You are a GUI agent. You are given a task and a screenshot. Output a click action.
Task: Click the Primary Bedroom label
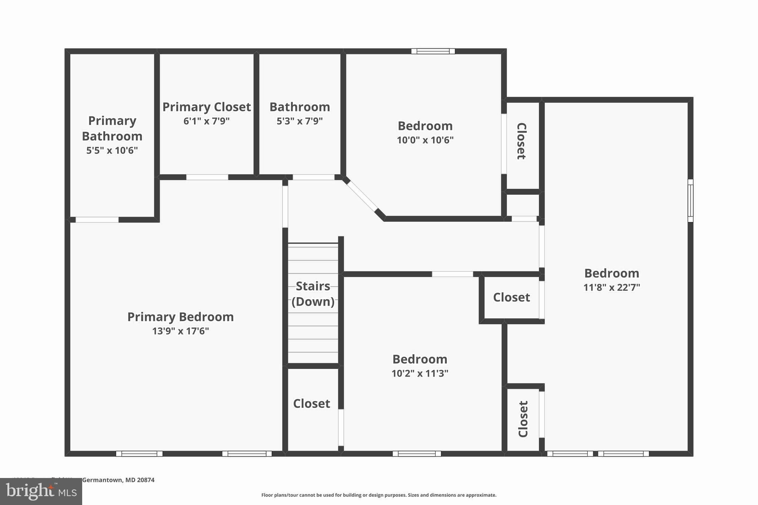[180, 317]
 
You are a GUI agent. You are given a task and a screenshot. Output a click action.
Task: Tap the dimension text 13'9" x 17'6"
[180, 331]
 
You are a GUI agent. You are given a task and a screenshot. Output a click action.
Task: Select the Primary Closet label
[207, 107]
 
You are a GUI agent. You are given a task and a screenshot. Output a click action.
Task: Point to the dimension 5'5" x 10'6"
[112, 151]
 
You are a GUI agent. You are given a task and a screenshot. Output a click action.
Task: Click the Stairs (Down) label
[313, 294]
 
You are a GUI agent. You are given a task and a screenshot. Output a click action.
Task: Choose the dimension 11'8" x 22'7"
[611, 287]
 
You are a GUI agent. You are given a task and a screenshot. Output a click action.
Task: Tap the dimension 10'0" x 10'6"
[425, 140]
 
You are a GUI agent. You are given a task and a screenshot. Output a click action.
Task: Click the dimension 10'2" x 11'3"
[420, 374]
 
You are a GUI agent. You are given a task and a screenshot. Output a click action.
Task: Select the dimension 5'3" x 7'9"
[299, 121]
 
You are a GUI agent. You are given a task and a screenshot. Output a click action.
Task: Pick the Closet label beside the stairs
[311, 404]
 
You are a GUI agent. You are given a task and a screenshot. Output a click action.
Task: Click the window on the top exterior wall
[433, 51]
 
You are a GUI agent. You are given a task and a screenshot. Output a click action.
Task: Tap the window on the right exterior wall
[690, 201]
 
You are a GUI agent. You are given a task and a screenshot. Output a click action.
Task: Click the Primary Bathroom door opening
[97, 220]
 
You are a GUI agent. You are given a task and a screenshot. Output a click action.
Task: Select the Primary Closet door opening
[207, 177]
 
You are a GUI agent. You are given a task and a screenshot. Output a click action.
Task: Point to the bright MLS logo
[41, 491]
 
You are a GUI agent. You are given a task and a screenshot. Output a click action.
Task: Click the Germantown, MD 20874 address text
[118, 480]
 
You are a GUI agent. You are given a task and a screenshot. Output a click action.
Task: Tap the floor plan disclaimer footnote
[379, 495]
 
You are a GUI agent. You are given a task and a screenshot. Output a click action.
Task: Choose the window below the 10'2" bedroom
[417, 454]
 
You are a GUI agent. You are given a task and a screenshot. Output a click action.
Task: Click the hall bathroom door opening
[313, 177]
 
